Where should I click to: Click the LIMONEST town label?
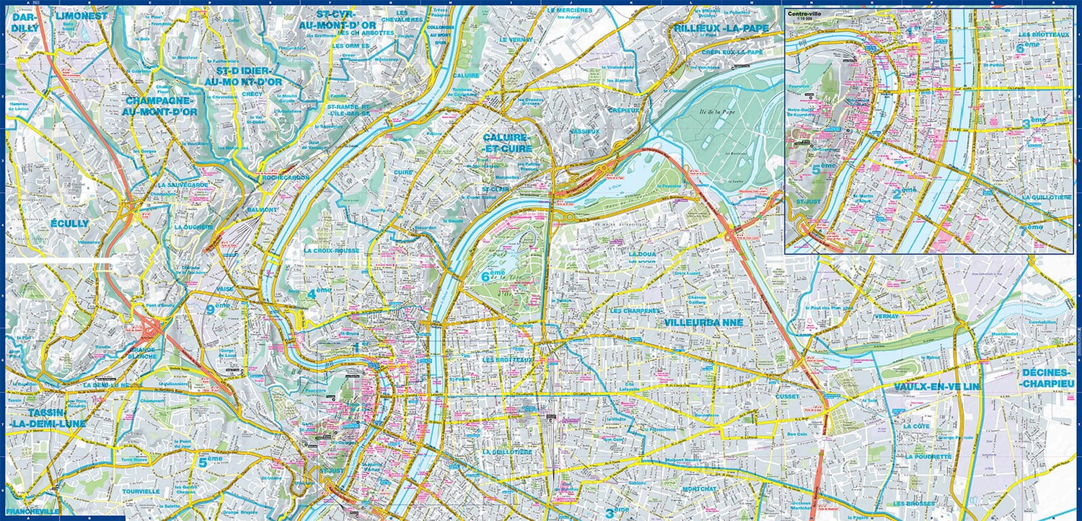tap(82, 15)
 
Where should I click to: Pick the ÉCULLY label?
tap(70, 224)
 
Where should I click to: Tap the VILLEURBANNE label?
tap(703, 323)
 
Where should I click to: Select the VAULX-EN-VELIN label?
tap(937, 388)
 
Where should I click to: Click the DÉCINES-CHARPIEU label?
tap(1047, 378)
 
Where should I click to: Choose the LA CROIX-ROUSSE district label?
tap(332, 251)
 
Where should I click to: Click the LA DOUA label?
tap(642, 254)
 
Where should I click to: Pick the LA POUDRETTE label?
tap(930, 457)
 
